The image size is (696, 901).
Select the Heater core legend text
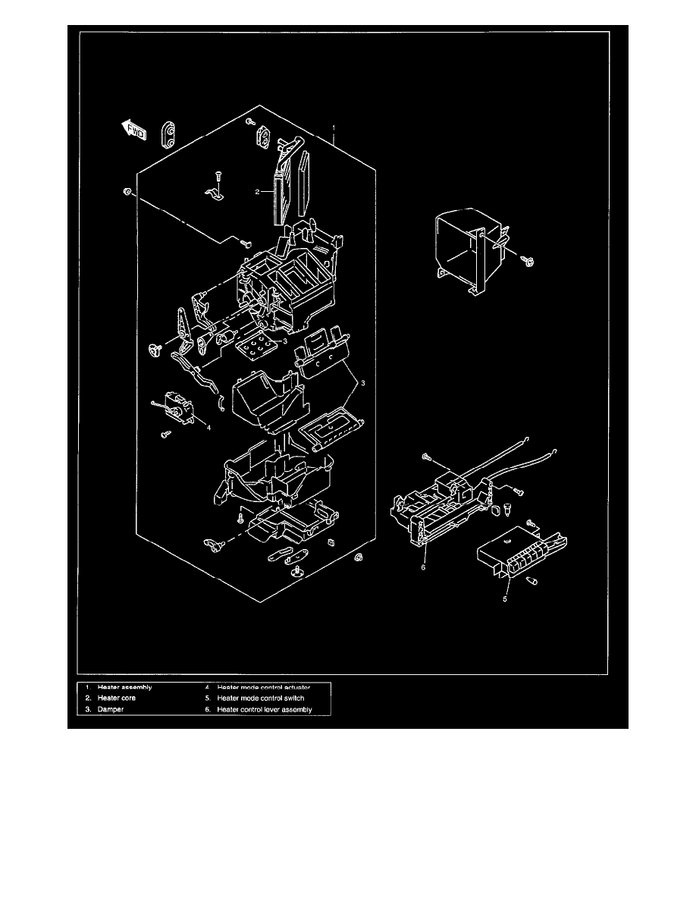tap(116, 698)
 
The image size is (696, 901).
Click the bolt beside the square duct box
tap(528, 260)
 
